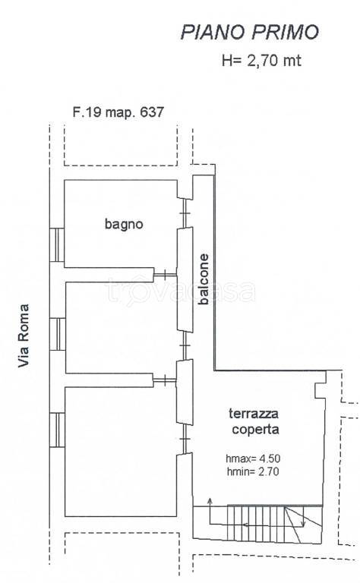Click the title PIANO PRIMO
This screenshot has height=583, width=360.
(248, 32)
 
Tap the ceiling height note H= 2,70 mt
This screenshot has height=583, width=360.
(261, 61)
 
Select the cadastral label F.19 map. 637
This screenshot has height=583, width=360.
(118, 112)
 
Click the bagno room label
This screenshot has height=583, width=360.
(123, 224)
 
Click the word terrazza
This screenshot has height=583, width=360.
(254, 414)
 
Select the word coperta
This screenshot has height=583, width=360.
(254, 429)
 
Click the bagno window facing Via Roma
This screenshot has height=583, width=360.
(55, 244)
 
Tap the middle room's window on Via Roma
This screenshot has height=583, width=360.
(55, 334)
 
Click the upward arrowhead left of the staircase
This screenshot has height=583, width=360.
(210, 502)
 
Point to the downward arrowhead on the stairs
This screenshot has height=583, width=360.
(302, 523)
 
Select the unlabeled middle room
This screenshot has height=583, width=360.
(122, 326)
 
